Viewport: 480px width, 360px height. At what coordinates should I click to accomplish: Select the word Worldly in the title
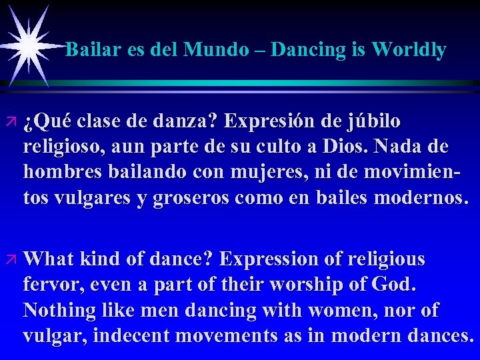(409, 49)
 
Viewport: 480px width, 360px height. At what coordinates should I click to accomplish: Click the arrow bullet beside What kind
(11, 259)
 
